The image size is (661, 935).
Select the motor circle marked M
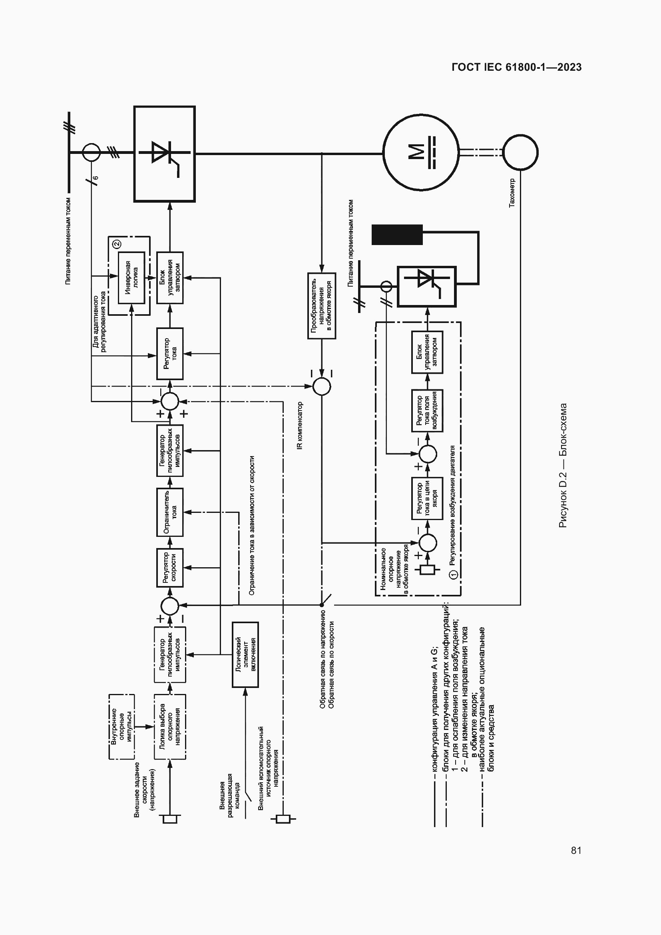pyautogui.click(x=421, y=152)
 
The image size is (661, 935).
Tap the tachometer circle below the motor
pyautogui.click(x=520, y=152)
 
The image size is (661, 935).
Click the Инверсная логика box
pyautogui.click(x=131, y=277)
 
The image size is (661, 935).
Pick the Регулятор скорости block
pyautogui.click(x=170, y=567)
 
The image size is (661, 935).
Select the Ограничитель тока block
pyautogui.click(x=170, y=512)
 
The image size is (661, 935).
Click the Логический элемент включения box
pyautogui.click(x=245, y=654)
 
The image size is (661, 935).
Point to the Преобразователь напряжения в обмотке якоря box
pyautogui.click(x=321, y=305)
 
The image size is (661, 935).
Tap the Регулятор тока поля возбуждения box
pyautogui.click(x=427, y=411)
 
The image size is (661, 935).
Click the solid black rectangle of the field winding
pyautogui.click(x=397, y=235)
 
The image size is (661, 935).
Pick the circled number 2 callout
pyautogui.click(x=117, y=244)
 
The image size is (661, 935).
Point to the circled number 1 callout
pyautogui.click(x=454, y=574)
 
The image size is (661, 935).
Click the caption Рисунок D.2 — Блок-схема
pyautogui.click(x=563, y=465)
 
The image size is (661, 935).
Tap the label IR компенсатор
pyautogui.click(x=300, y=425)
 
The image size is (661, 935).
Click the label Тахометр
pyautogui.click(x=512, y=193)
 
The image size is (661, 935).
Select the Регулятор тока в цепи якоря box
pyautogui.click(x=427, y=498)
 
